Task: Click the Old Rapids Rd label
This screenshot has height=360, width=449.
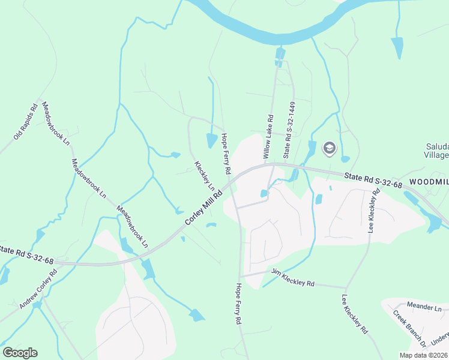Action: click(26, 121)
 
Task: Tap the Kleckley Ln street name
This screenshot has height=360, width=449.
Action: click(204, 175)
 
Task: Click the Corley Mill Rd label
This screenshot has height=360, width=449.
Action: click(203, 208)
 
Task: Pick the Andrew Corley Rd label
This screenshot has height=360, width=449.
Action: click(38, 289)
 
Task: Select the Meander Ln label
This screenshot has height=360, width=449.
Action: click(424, 307)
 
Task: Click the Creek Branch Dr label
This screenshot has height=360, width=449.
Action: click(409, 329)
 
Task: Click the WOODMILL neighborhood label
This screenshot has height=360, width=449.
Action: click(429, 181)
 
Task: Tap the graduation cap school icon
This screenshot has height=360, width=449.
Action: click(330, 148)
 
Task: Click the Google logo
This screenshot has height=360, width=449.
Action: click(20, 353)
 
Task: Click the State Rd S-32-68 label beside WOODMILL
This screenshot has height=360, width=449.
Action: click(373, 180)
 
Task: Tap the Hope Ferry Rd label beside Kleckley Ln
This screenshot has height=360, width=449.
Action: click(226, 154)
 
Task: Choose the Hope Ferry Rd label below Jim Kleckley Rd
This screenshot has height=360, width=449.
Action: click(238, 304)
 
